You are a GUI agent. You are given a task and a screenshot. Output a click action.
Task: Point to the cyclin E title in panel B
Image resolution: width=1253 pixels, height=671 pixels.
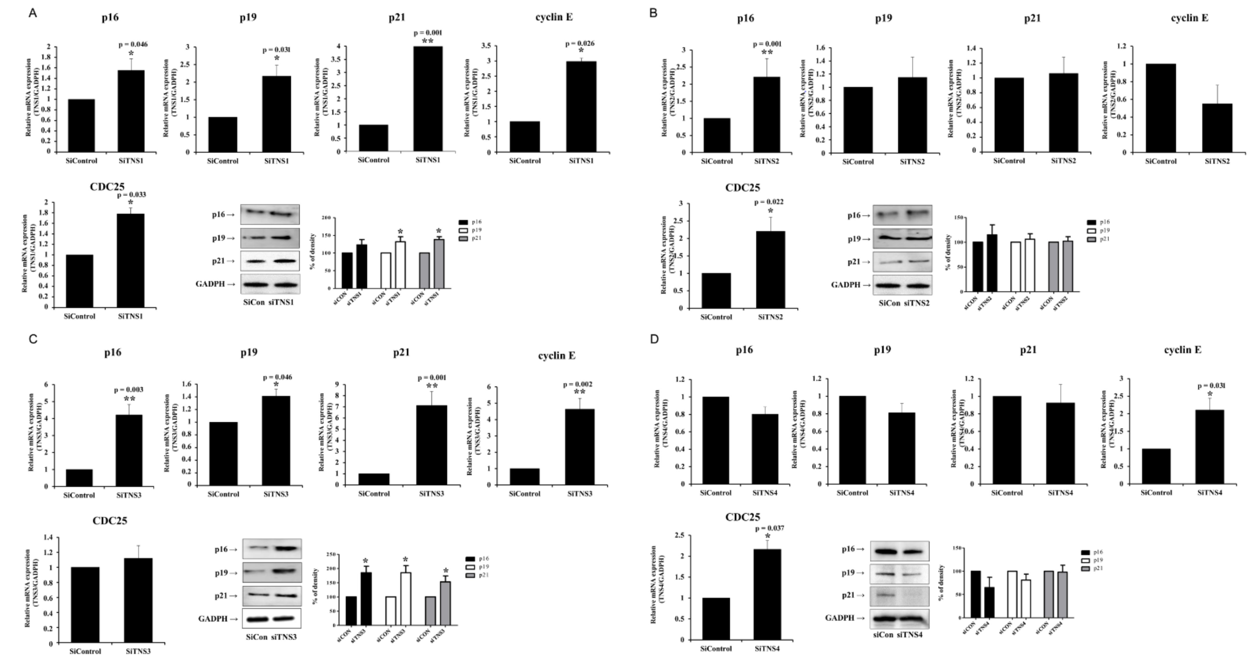(1189, 18)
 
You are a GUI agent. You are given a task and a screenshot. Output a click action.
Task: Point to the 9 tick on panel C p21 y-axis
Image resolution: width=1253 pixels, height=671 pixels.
(337, 384)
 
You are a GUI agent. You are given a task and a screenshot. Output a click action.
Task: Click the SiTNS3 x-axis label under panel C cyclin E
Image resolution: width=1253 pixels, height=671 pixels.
(579, 494)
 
